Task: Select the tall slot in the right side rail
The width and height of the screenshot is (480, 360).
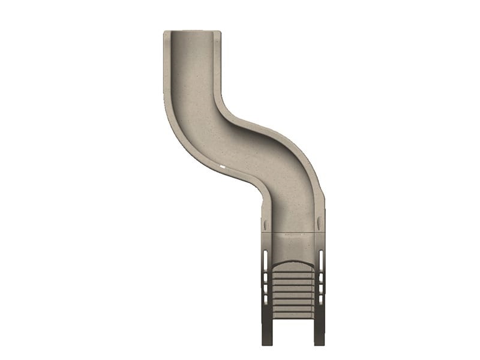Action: (x=320, y=260)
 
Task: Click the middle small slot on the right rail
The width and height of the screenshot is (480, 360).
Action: (x=321, y=289)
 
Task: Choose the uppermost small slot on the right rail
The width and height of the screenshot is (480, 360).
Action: (x=321, y=278)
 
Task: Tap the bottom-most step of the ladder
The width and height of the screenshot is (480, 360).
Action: (x=293, y=313)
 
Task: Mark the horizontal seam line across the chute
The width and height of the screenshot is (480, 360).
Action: (x=293, y=232)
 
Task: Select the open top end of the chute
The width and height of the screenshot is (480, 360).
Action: (x=192, y=35)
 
